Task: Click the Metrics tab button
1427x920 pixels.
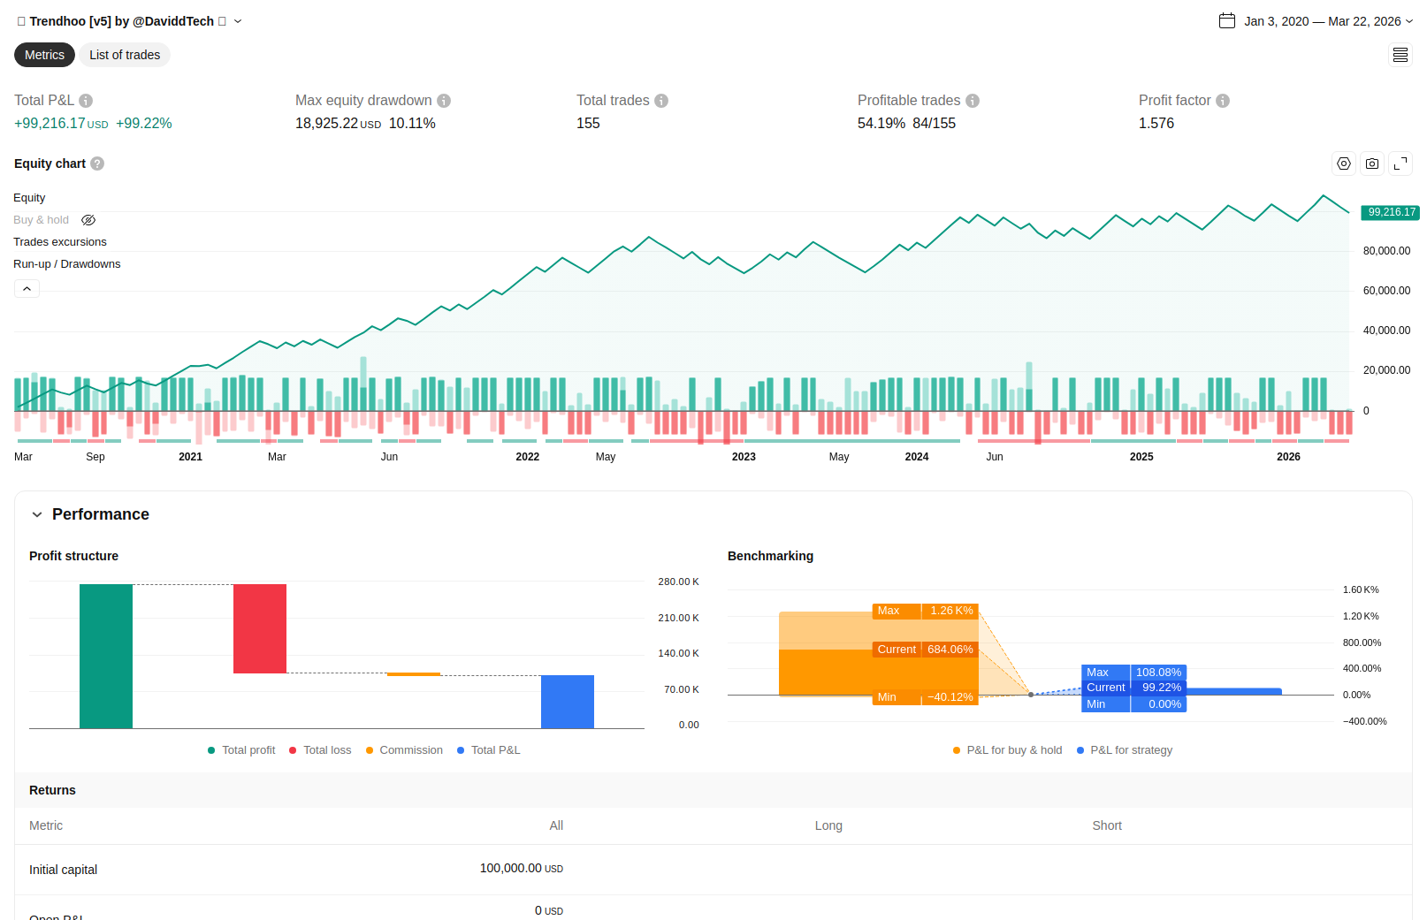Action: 44,55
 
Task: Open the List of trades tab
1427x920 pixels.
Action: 125,55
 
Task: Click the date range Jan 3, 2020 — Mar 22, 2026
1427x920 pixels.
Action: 1321,21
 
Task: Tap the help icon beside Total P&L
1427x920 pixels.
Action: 86,101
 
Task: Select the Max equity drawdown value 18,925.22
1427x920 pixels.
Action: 326,124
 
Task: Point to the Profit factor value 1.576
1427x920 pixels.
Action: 1156,124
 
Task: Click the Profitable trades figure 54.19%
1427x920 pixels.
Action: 881,124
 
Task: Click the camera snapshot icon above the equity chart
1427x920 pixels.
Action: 1372,163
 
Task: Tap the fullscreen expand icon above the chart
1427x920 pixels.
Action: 1400,163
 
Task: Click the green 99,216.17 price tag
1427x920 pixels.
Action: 1391,212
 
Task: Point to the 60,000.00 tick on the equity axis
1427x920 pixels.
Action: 1386,291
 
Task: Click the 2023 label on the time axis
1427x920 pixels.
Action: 744,457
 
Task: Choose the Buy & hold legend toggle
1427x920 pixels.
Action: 41,220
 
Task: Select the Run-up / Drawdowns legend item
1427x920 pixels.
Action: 66,264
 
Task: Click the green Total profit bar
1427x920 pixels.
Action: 106,656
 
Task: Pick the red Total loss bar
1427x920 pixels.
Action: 260,628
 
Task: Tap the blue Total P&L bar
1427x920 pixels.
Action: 568,702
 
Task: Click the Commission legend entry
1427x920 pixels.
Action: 410,750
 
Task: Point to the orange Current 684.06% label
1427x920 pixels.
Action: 925,650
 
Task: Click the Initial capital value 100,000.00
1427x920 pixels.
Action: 510,869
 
